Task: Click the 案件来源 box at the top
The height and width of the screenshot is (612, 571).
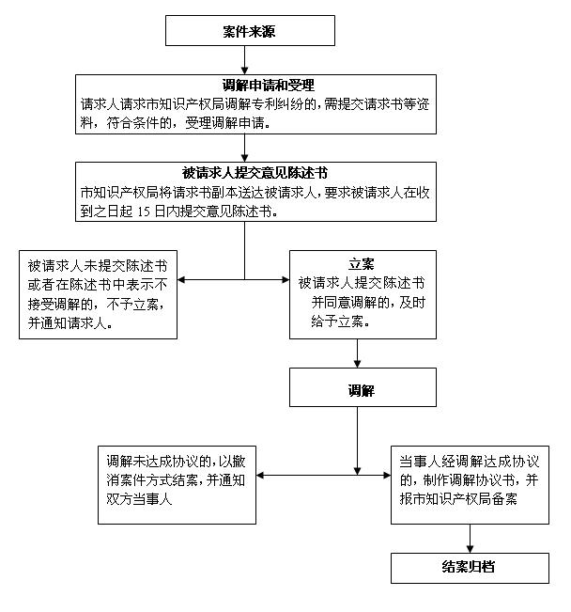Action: [250, 30]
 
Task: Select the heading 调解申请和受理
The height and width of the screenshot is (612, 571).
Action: [269, 86]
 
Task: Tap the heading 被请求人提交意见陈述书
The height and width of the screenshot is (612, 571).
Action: [255, 173]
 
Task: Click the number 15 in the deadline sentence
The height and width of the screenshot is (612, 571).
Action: [144, 212]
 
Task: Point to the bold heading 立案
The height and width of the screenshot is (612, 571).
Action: [362, 264]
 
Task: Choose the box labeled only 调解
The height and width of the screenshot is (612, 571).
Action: [363, 387]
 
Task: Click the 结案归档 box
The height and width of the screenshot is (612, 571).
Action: [470, 568]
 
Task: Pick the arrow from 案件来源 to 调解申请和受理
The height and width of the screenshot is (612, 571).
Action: [244, 60]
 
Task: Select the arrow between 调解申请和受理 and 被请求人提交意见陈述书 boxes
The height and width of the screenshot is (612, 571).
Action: [244, 148]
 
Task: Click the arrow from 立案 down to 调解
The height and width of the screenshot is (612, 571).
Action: [357, 353]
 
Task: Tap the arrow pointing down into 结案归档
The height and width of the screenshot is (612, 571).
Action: [470, 539]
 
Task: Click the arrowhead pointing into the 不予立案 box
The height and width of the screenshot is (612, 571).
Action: [181, 279]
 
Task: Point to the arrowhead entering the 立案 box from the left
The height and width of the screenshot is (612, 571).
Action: [285, 279]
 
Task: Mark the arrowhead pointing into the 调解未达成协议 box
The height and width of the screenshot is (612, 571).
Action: [260, 475]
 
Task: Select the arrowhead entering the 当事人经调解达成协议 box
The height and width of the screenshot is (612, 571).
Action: [387, 475]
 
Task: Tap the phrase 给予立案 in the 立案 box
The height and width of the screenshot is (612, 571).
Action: [337, 322]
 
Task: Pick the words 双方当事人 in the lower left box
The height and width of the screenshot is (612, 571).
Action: [139, 499]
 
